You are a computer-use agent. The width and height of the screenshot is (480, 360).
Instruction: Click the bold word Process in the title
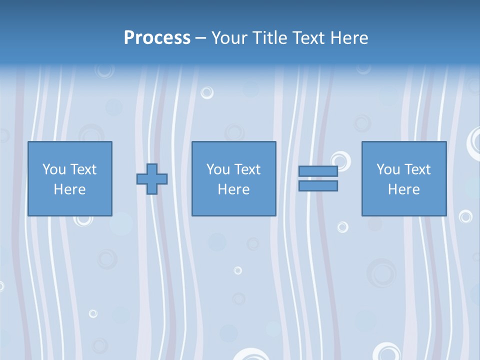click(157, 38)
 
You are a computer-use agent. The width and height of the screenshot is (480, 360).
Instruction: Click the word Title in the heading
click(269, 38)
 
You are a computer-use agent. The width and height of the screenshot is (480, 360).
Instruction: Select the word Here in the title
click(349, 38)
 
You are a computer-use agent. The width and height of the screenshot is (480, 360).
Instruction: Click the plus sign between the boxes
click(152, 179)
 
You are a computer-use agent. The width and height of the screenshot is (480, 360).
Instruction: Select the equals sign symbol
click(318, 178)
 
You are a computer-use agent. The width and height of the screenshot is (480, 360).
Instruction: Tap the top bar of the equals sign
click(318, 171)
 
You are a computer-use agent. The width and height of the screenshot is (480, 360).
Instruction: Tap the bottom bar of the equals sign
click(318, 185)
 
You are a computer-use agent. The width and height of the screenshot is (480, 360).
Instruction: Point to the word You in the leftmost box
click(53, 169)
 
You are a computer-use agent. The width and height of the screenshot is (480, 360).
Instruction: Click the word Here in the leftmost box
click(69, 189)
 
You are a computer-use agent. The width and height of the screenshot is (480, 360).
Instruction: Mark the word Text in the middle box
click(247, 169)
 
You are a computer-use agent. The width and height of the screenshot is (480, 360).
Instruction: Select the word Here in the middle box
click(233, 189)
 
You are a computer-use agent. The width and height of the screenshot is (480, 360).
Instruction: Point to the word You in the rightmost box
click(387, 169)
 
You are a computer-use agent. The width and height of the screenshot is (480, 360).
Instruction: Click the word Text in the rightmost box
click(417, 169)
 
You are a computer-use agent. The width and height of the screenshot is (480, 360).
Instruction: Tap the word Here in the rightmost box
click(403, 189)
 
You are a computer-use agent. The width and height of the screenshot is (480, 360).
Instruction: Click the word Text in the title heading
click(308, 38)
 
